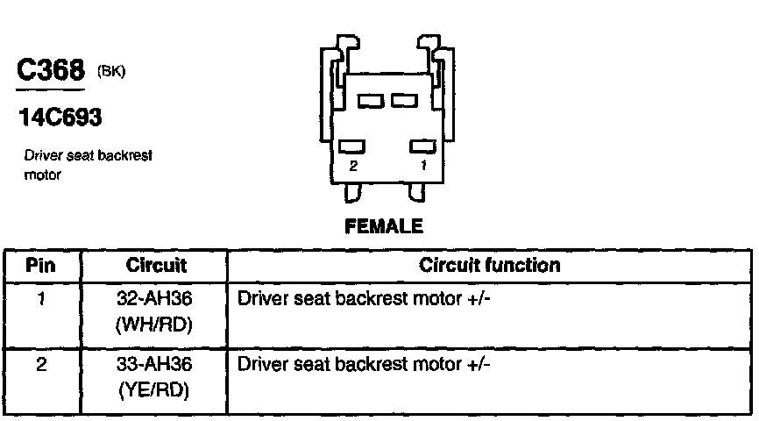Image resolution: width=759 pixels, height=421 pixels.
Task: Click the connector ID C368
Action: [51, 73]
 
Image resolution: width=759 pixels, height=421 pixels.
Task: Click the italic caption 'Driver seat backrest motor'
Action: [89, 164]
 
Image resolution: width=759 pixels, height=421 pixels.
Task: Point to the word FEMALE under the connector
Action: [384, 226]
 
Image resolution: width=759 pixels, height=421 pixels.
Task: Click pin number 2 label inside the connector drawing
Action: [353, 164]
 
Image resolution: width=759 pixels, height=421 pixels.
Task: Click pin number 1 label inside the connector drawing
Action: [423, 164]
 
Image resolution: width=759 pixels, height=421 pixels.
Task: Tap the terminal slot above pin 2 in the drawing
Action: [353, 146]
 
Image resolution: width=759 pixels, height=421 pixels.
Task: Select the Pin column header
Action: [41, 265]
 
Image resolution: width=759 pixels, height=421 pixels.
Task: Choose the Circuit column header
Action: [156, 265]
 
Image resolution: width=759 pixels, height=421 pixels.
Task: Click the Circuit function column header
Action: [489, 265]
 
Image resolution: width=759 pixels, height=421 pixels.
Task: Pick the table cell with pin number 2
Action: [41, 361]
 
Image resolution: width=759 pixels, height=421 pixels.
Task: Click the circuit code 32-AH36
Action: [154, 299]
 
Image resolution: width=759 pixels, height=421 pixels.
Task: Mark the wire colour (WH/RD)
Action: [154, 325]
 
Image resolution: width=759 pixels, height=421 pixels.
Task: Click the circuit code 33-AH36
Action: [154, 362]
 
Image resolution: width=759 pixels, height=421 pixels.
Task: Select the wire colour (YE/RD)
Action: [154, 389]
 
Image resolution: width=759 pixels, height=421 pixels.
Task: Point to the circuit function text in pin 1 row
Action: [364, 299]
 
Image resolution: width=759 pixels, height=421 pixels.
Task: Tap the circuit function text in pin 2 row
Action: [364, 362]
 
